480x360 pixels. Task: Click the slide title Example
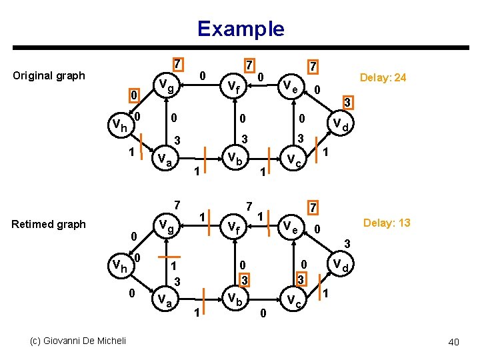point(240,29)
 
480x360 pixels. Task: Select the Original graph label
point(49,75)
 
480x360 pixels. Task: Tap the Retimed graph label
point(49,224)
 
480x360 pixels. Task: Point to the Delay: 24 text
point(383,78)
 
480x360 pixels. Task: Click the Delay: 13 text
point(386,223)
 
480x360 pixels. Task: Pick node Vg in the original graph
point(166,85)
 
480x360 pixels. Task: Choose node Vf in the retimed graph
point(233,227)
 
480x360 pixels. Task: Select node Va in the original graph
point(165,159)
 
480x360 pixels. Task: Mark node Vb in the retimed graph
point(234,297)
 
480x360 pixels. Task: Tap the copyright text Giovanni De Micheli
point(77,341)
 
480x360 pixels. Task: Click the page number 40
point(453,342)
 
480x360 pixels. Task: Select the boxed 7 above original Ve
point(311,67)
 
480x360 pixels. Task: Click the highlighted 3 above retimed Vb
point(245,277)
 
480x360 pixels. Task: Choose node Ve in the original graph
point(291,85)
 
